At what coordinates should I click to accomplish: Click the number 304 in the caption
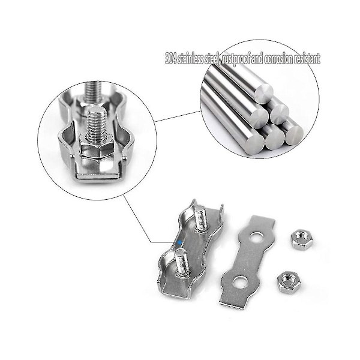pyautogui.click(x=171, y=59)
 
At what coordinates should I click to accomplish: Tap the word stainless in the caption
pyautogui.click(x=191, y=59)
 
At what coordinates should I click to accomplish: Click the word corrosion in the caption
pyautogui.click(x=278, y=59)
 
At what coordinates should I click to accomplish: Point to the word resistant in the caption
pyautogui.click(x=307, y=59)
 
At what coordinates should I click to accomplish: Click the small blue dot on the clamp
pyautogui.click(x=180, y=242)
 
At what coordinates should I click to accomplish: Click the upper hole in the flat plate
pyautogui.click(x=256, y=237)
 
